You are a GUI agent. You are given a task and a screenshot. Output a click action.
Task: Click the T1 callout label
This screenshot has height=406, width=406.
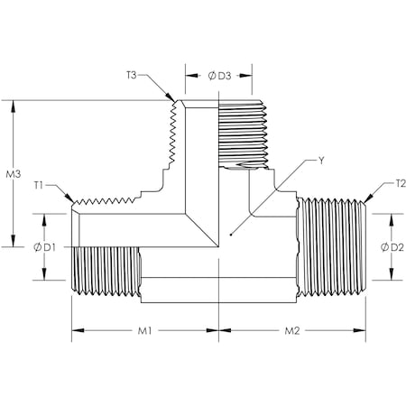point(40,185)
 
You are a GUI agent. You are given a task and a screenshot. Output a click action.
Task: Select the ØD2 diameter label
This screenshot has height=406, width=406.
point(391,245)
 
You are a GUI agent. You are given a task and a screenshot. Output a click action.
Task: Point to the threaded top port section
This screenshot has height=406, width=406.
point(242,131)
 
